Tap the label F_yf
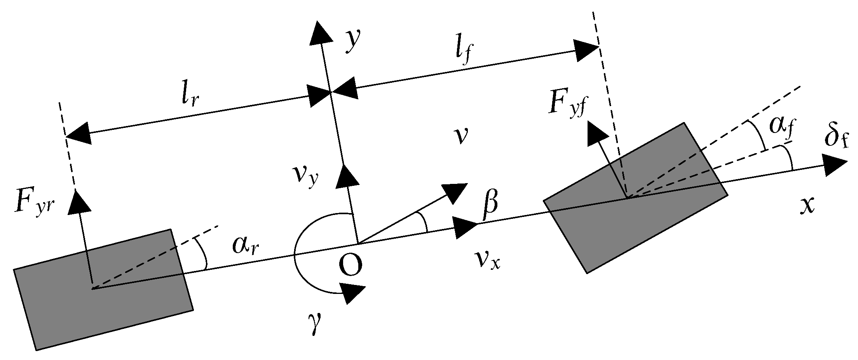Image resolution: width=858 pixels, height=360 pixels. click(x=567, y=103)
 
